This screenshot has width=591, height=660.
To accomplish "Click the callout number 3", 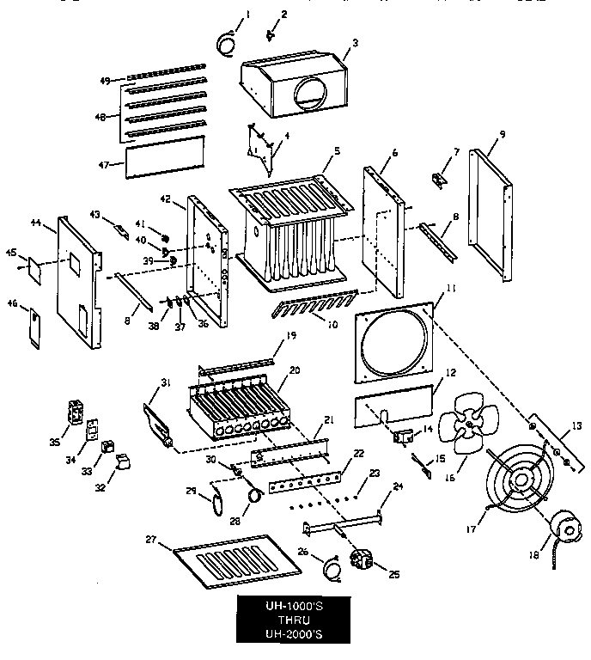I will pyautogui.click(x=355, y=41).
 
